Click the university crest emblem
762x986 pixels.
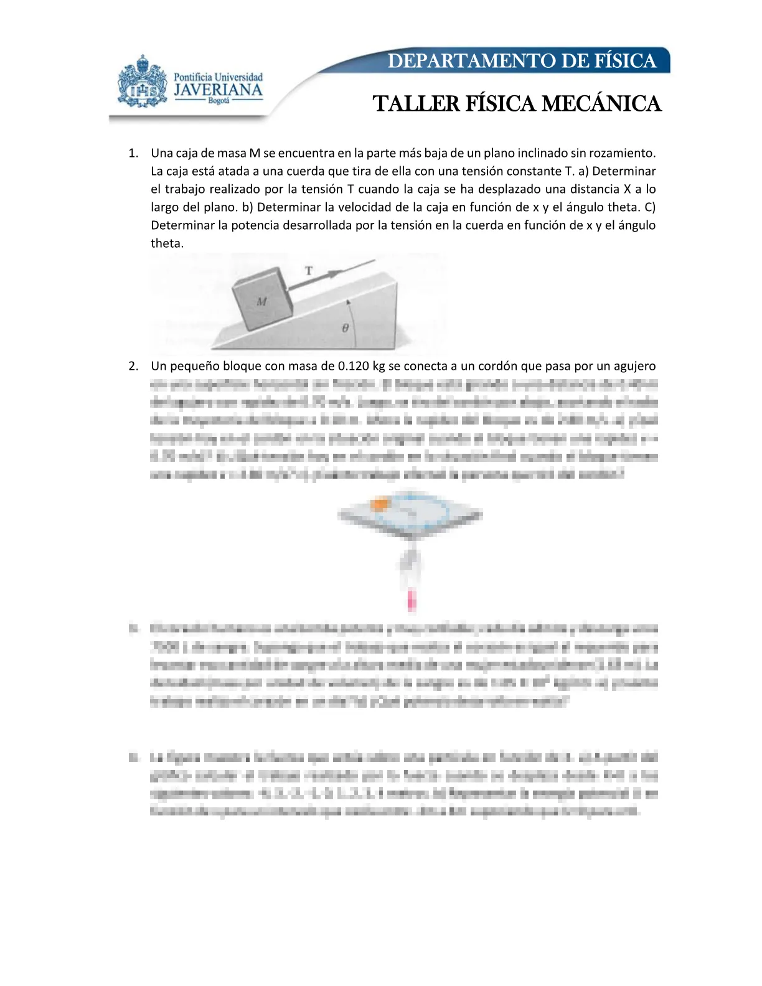[x=142, y=82]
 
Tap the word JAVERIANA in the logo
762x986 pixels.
[x=218, y=90]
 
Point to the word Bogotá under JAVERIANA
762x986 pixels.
[x=219, y=101]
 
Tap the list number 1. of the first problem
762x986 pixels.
[x=133, y=153]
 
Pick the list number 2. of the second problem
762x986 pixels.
[x=133, y=366]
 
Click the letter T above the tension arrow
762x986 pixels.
[x=309, y=271]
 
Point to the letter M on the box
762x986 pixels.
[x=261, y=301]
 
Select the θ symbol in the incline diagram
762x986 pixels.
[x=346, y=327]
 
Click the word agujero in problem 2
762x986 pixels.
[x=634, y=366]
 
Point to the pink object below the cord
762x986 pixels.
[x=411, y=601]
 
